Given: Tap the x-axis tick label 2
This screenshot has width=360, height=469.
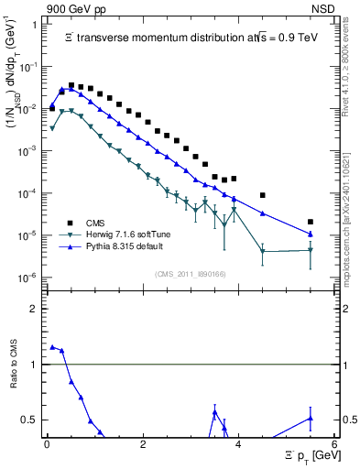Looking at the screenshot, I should click(x=143, y=446).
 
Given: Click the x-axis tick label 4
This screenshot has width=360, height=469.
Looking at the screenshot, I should click(x=238, y=446).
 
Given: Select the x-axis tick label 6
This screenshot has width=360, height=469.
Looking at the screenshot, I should click(x=334, y=446).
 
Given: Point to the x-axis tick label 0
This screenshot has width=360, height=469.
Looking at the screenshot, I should click(x=47, y=446).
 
